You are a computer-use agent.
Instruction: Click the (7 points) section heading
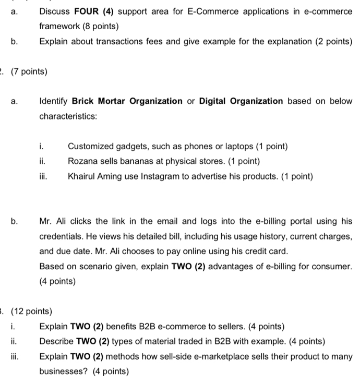pyautogui.click(x=27, y=71)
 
